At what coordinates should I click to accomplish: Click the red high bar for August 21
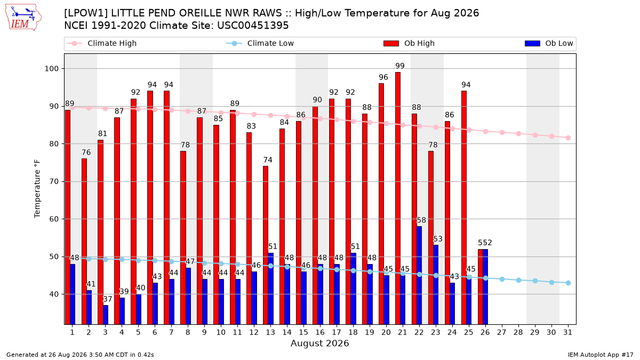[398, 198]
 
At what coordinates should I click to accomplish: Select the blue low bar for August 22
[419, 275]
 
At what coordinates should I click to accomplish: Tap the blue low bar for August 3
[106, 315]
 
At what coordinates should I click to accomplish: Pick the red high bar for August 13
[266, 245]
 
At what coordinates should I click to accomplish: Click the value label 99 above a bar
[400, 66]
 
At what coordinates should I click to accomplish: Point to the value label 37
[107, 299]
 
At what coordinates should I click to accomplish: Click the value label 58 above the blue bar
[421, 220]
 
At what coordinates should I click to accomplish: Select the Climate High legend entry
[102, 43]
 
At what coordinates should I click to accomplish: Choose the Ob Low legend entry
[549, 43]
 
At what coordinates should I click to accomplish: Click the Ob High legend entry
[409, 43]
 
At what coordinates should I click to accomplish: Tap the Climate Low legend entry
[260, 43]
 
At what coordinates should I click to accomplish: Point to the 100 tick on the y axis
[51, 69]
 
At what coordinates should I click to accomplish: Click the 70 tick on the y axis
[54, 182]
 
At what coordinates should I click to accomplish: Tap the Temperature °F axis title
[37, 189]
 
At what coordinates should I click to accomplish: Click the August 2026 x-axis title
[320, 343]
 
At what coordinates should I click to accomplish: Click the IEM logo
[23, 18]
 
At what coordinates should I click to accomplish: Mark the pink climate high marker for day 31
[568, 138]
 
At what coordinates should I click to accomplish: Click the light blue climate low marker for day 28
[518, 281]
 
